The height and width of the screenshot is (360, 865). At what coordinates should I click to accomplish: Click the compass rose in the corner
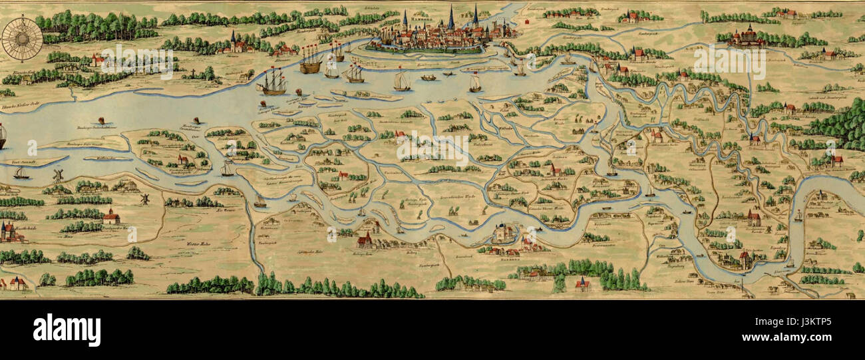pos(21,39)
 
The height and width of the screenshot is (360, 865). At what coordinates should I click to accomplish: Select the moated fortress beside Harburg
pos(504,233)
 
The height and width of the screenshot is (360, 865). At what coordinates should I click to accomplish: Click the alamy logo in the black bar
pos(67,330)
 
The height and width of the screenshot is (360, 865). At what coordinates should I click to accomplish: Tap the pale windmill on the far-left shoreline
pos(58,175)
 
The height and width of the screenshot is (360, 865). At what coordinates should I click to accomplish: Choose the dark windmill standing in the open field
pos(144,198)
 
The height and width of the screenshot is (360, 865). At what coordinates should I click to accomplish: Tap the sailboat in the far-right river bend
pos(798,216)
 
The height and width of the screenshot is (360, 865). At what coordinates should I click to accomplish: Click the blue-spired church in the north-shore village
pos(234,42)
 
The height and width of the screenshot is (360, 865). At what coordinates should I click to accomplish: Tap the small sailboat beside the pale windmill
pos(21,172)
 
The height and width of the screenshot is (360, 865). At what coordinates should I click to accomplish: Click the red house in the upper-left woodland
pos(98,60)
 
